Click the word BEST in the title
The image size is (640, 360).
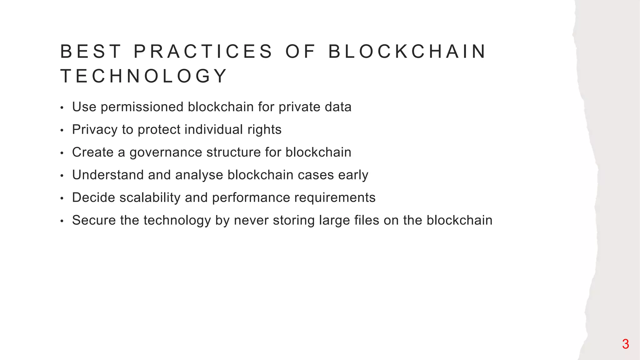90,52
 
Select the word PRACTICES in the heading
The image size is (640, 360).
203,52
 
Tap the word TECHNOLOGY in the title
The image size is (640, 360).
144,76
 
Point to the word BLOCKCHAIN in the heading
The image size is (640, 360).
407,52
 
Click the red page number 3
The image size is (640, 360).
625,344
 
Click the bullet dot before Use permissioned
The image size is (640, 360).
62,108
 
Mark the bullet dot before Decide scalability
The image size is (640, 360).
62,198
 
